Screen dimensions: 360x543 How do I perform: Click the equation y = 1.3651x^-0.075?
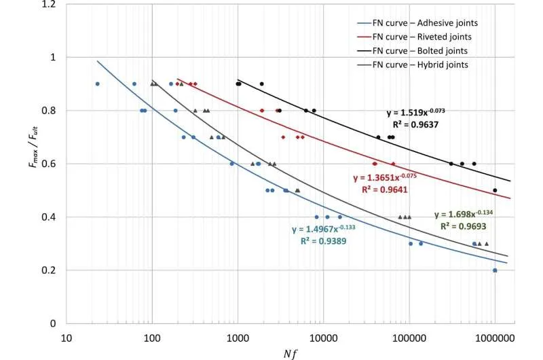click(386, 177)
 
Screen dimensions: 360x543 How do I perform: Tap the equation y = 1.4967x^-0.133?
click(324, 228)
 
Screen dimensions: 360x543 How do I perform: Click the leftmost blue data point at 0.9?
click(98, 84)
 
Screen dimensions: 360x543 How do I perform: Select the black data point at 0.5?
click(495, 191)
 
